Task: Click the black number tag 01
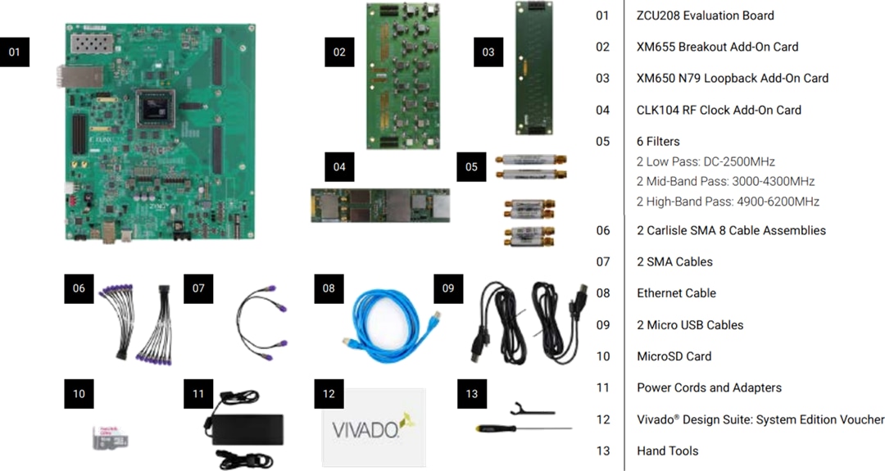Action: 14,52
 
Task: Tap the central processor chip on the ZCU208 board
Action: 156,109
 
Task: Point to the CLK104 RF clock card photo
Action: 380,204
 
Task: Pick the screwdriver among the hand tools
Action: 521,428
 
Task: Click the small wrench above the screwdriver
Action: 530,409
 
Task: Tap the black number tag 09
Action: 448,288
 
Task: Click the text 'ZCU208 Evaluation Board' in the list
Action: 705,16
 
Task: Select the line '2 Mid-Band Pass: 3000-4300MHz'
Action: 725,181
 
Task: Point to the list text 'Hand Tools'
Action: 667,451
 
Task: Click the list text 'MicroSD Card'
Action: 674,356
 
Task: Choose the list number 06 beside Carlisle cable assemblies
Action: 603,230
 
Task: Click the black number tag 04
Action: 339,166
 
